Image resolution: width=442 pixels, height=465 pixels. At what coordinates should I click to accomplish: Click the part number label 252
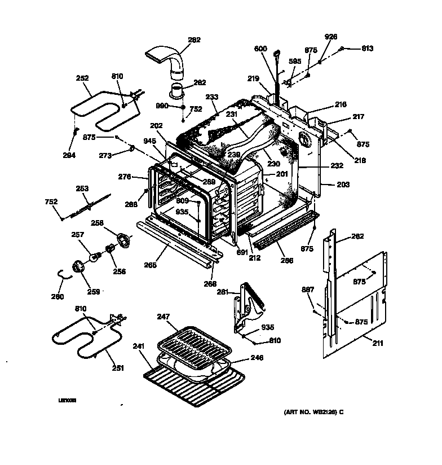83,78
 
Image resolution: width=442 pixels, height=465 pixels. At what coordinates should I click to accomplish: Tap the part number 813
367,49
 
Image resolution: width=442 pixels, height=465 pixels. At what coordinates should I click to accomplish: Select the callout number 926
330,37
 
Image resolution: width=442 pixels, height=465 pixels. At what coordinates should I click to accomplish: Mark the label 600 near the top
276,49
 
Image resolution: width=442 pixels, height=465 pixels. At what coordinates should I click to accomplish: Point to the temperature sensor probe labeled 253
85,207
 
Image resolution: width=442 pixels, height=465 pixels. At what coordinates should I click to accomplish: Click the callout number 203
343,185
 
